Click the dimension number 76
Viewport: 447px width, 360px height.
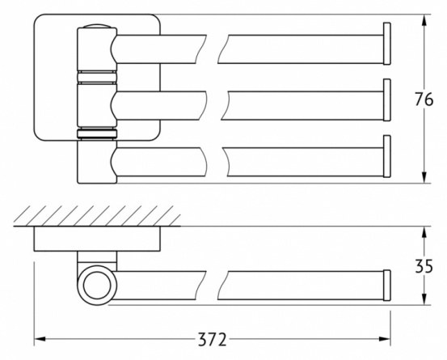pos(424,100)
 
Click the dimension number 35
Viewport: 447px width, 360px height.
pos(424,266)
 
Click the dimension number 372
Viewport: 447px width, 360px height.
pos(213,340)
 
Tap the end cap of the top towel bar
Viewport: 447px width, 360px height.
pos(387,44)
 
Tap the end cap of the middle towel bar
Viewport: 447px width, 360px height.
pos(387,100)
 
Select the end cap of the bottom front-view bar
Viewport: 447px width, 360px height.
pos(387,156)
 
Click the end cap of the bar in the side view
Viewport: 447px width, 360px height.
pos(387,286)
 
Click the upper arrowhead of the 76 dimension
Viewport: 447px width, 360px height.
pos(424,19)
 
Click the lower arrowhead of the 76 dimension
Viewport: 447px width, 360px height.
pos(424,178)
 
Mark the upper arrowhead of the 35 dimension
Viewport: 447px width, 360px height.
pos(424,232)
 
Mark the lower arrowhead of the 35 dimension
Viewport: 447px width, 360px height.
pos(424,299)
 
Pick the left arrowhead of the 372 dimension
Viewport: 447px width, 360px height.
pos(40,339)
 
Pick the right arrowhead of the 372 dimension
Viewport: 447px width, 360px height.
pos(385,339)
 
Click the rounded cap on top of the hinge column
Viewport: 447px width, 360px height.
pos(97,26)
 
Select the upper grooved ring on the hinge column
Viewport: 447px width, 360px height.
pos(97,77)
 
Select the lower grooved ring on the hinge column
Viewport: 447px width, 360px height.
pos(97,134)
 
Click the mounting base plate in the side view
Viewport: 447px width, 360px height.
pos(97,239)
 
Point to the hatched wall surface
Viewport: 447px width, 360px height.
pos(97,216)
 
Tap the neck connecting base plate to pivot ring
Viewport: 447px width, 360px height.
pos(97,258)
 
